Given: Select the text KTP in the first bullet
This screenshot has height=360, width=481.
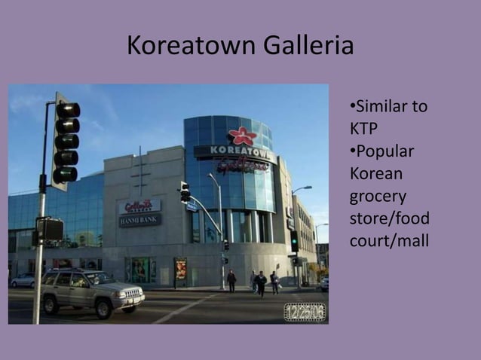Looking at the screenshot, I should coord(363,128).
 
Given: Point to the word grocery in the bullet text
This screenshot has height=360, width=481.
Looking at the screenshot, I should coord(378,197).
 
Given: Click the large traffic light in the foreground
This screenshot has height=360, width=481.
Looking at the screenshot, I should coord(66,142).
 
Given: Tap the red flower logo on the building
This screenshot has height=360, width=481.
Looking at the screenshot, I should coord(242,136).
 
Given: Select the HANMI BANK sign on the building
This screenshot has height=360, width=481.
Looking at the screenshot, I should coord(140,220).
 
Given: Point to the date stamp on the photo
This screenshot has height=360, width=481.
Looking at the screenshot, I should coord(305,311).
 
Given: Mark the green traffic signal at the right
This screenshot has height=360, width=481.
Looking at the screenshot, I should coord(294,241).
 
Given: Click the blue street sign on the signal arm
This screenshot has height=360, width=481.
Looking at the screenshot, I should coord(191,206).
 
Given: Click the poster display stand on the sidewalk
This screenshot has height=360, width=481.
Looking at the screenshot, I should coord(181,269).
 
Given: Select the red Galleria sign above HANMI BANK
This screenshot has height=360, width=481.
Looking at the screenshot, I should coord(139,206).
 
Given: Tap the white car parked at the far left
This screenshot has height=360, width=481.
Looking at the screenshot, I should coord(23,279).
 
